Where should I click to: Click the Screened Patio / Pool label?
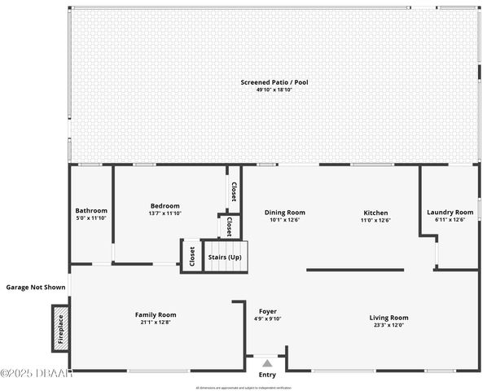point(274,82)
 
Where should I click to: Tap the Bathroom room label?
point(91,210)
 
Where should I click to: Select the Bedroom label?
point(165,206)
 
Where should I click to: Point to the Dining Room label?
point(285,213)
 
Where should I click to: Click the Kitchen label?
point(375,213)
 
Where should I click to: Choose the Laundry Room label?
point(450,213)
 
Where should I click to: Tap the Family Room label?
point(155,314)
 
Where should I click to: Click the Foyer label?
point(268,311)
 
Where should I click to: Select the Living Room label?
point(388,317)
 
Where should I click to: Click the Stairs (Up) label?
point(225,257)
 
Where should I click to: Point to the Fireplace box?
point(60,327)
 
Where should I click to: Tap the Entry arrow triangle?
point(266,363)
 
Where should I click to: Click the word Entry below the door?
point(267,375)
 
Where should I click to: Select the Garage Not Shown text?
point(36,287)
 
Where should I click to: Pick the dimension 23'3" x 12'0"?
point(388,324)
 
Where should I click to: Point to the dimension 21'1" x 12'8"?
point(155,322)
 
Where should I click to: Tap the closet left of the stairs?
point(191,257)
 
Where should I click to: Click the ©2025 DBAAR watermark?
point(37,374)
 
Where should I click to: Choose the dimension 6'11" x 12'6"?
point(450,219)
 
